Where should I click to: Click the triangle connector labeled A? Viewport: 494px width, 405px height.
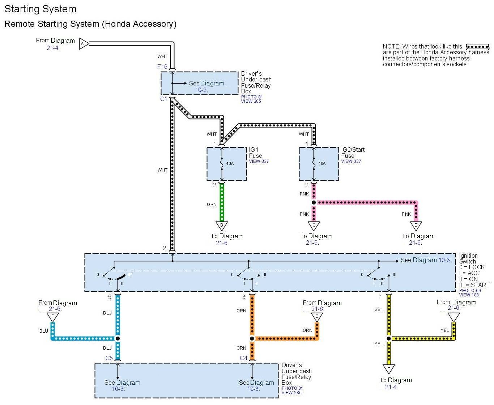point(83,44)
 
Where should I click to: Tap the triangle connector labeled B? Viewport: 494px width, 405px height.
point(222,225)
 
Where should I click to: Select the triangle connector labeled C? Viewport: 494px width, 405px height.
point(314,225)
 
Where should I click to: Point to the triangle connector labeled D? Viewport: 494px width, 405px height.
point(416,225)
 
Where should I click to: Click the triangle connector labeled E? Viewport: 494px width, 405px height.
point(389,368)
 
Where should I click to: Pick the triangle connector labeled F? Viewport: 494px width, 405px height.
point(53,316)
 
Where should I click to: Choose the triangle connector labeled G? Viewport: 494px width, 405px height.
point(317,316)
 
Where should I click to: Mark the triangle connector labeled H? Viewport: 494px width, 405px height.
point(454,316)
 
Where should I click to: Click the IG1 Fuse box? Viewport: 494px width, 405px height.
point(227,164)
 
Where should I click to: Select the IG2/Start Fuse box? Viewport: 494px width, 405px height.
point(319,164)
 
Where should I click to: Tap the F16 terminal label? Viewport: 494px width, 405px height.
point(162,67)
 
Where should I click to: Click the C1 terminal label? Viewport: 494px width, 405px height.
point(164,99)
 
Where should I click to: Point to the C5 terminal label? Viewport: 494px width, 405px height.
point(109,358)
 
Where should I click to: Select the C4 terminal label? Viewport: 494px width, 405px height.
point(244,358)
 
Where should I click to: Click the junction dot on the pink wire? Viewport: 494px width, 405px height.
point(314,203)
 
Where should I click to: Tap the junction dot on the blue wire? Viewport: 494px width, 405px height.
point(118,339)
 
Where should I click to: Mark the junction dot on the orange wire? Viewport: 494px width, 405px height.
point(252,339)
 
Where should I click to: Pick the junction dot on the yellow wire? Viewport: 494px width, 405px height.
point(389,339)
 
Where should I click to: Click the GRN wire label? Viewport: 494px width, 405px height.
point(212,204)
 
